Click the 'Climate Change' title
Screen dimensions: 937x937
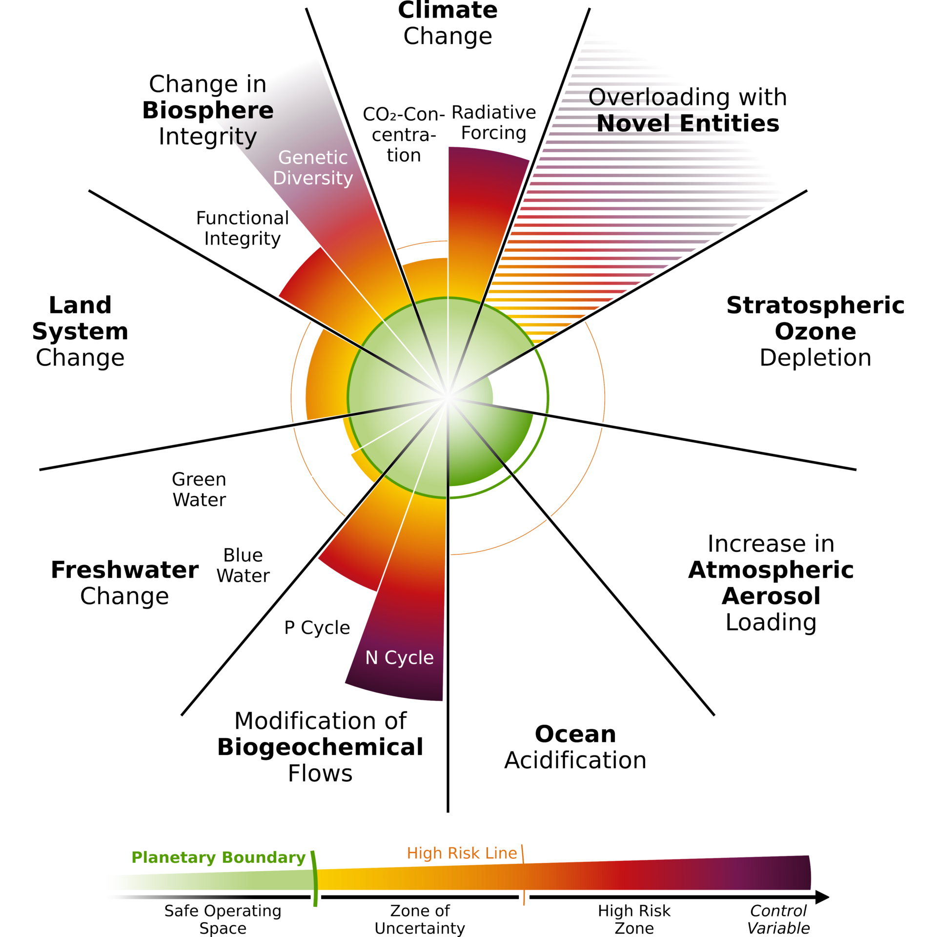[x=448, y=23]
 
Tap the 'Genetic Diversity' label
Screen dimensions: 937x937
[x=313, y=168]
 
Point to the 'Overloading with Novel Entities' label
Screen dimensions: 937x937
[x=687, y=110]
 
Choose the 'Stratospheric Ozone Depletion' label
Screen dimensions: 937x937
[x=815, y=331]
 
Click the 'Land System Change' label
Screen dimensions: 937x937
[x=81, y=331]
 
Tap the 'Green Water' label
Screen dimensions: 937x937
[x=199, y=489]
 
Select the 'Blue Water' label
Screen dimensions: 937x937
[x=243, y=566]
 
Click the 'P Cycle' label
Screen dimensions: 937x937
[x=317, y=627]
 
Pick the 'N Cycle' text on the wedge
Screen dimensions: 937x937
[x=400, y=658]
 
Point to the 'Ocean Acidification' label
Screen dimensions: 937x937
[x=575, y=747]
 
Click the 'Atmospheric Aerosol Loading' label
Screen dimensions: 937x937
[x=771, y=583]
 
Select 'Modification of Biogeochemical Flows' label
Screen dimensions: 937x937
[x=321, y=747]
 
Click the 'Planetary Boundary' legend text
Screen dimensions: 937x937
[x=218, y=857]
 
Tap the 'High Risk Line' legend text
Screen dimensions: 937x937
[x=465, y=854]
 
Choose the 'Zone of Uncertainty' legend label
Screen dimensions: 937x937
[x=420, y=919]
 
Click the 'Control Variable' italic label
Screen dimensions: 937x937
[x=778, y=919]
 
